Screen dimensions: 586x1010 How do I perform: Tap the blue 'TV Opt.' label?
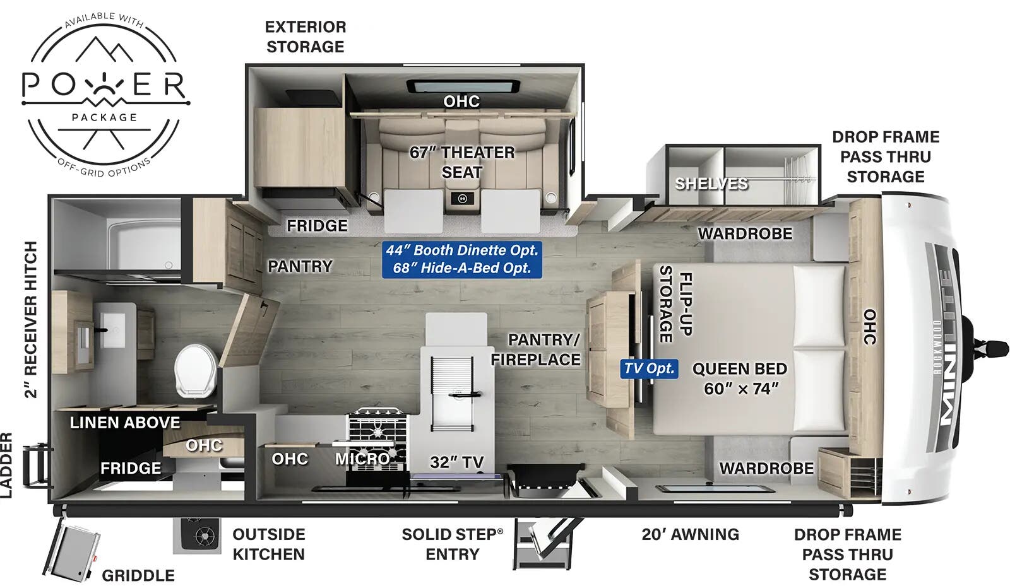click(x=649, y=368)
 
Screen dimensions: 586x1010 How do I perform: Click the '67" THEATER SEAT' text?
click(x=462, y=162)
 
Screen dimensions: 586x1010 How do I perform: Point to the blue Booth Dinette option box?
click(x=462, y=259)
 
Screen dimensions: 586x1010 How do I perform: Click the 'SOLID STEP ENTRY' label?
click(x=452, y=544)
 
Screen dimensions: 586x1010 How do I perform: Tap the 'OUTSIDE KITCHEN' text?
click(x=268, y=544)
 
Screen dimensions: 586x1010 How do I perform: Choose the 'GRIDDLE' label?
click(x=138, y=575)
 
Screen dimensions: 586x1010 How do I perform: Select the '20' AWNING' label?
click(x=690, y=534)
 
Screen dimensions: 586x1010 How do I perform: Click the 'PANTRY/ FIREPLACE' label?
click(x=536, y=349)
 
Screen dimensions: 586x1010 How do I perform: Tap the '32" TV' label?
click(x=456, y=462)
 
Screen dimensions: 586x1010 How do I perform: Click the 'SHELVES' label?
click(x=711, y=184)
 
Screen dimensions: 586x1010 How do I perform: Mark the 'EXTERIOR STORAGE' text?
click(x=306, y=37)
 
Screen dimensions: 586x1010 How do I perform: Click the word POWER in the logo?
click(x=104, y=85)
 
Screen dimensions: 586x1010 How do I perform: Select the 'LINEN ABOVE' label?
click(x=124, y=423)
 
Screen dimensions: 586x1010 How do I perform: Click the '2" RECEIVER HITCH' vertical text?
click(x=30, y=319)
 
